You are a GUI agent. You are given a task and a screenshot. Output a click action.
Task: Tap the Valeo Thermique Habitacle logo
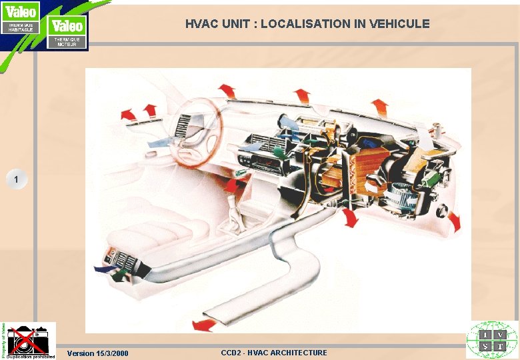[x=20, y=18]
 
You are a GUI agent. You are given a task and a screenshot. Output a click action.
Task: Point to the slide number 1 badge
[x=17, y=179]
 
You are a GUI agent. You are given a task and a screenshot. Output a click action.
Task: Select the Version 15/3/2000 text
[x=98, y=353]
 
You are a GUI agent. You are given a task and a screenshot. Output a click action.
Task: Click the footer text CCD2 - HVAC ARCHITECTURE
[x=274, y=352]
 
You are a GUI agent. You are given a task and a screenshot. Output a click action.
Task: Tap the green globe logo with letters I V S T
[x=492, y=340]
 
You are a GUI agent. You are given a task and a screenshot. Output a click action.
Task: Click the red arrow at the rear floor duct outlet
[x=203, y=325]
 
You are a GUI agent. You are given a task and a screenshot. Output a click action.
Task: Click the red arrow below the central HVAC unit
[x=349, y=218]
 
